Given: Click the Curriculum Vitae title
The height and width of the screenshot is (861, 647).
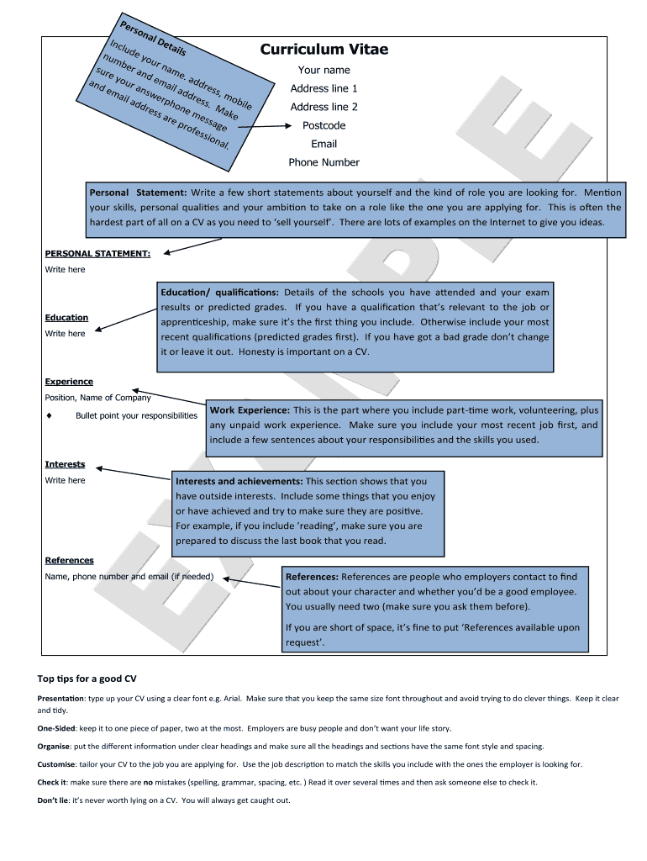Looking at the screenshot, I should click(x=323, y=49).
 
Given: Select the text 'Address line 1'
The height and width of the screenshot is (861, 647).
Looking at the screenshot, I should click(x=323, y=88).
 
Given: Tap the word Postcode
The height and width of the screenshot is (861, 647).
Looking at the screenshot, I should click(x=323, y=125).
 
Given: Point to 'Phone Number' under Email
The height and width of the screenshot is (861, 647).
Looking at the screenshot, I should click(x=323, y=162).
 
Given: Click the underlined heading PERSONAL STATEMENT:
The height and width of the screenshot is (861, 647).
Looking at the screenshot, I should click(x=97, y=252).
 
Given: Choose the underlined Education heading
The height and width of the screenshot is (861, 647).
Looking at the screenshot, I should click(x=66, y=317).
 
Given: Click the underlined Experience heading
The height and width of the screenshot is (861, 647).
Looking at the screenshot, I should click(x=69, y=382).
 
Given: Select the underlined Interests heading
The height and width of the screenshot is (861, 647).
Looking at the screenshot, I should click(x=65, y=464).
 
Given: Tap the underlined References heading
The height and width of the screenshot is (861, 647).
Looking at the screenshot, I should click(x=69, y=560).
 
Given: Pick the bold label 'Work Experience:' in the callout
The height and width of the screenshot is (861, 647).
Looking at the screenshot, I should click(x=250, y=410).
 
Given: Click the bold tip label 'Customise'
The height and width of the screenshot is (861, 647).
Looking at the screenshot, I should click(x=56, y=764).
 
